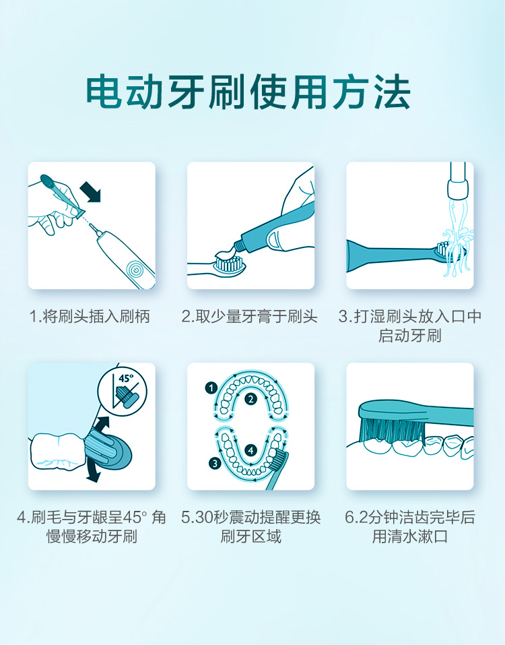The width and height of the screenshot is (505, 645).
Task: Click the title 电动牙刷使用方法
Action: [x=248, y=92]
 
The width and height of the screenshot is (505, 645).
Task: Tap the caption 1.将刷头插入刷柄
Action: [x=90, y=316]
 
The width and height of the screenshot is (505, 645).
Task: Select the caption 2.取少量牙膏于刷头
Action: [x=250, y=316]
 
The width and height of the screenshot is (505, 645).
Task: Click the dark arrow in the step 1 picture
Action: [x=90, y=191]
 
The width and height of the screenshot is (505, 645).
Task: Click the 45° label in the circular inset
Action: [x=126, y=377]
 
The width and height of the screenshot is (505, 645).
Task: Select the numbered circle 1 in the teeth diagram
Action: [x=211, y=388]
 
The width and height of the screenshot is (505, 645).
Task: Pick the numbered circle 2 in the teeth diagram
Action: [x=250, y=398]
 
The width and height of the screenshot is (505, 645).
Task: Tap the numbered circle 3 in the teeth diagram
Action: [x=215, y=464]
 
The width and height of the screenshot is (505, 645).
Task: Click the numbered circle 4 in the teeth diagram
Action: [x=251, y=450]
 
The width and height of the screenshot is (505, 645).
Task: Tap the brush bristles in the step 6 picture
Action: [x=392, y=430]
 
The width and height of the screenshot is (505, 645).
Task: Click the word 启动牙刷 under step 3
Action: [x=409, y=336]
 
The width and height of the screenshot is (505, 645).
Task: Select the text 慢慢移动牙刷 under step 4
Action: [x=92, y=536]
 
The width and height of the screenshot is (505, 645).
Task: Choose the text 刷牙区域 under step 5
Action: [x=250, y=536]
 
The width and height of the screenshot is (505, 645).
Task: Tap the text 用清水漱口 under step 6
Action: [x=409, y=536]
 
